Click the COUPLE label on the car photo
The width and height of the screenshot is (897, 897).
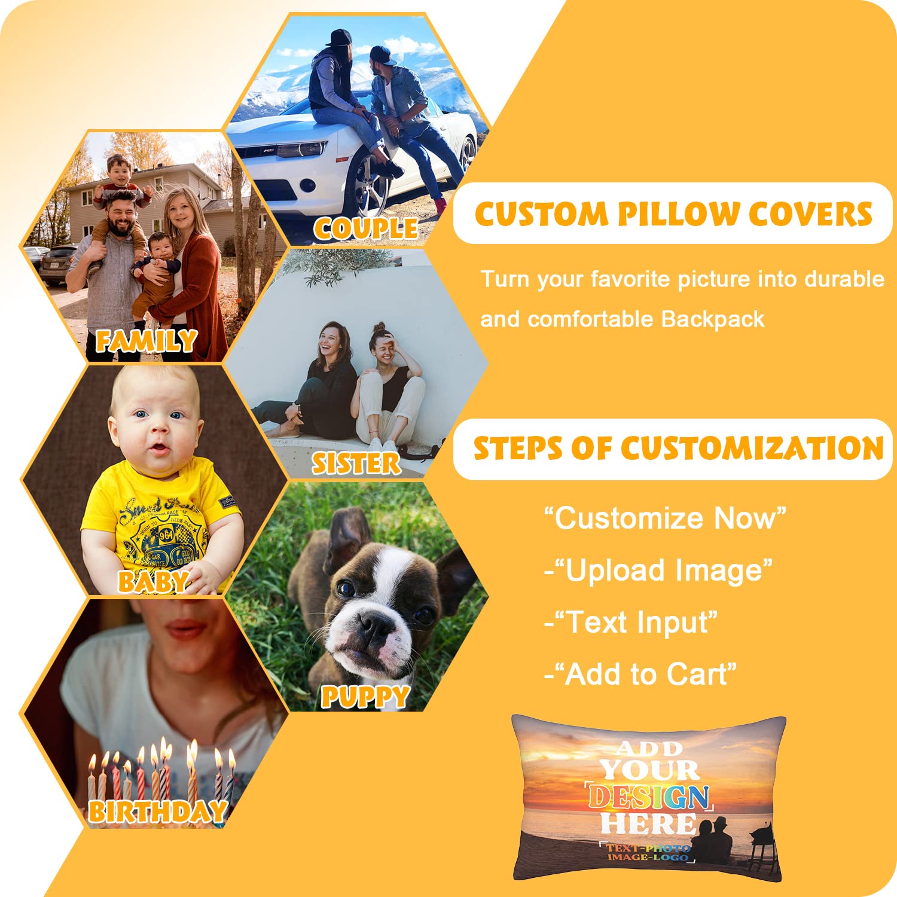pos(365,228)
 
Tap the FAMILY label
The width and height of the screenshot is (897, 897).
pos(147,341)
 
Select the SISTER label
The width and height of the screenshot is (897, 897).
pos(356,463)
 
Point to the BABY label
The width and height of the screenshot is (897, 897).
pos(153,581)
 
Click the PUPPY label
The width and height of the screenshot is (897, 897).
pos(365,697)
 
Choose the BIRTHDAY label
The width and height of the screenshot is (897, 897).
pos(158,811)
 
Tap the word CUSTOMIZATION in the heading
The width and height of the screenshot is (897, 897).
pos(752,448)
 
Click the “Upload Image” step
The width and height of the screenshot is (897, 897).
pos(658,570)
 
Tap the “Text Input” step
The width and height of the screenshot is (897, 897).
pos(631,623)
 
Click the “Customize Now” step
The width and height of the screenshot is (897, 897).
pos(664,518)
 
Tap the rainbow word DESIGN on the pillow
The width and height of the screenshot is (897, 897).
pos(649,797)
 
